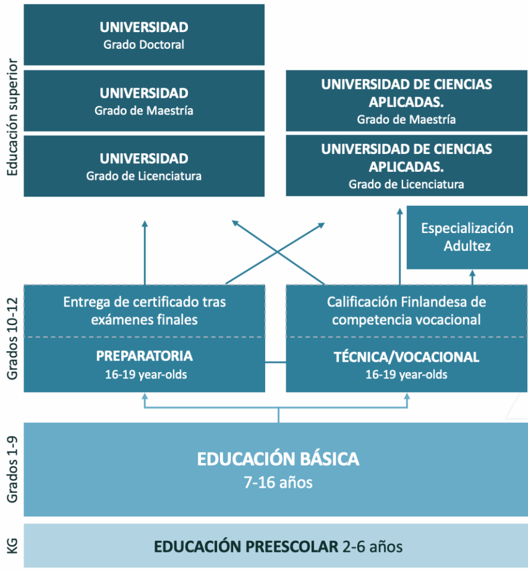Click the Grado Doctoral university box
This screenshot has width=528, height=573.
click(x=144, y=35)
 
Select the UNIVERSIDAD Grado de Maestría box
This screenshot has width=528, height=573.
click(x=144, y=101)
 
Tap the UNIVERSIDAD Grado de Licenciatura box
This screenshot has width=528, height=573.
click(x=144, y=166)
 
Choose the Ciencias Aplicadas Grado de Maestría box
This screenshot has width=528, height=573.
click(x=407, y=101)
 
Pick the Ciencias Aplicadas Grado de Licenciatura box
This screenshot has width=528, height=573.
click(x=407, y=166)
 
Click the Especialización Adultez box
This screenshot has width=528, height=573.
click(x=467, y=237)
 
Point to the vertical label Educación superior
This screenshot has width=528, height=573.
click(x=12, y=117)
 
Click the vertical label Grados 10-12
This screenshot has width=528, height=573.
click(x=12, y=339)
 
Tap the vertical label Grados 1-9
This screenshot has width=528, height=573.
click(x=12, y=470)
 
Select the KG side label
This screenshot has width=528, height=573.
click(x=12, y=546)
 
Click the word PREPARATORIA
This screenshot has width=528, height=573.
click(x=144, y=356)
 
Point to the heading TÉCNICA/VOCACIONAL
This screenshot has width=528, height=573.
click(x=406, y=357)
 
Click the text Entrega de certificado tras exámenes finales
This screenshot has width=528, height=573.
click(x=144, y=311)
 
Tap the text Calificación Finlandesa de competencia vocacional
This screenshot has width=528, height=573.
click(x=406, y=311)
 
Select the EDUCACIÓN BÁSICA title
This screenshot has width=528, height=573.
click(x=278, y=459)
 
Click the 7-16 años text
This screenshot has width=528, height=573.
click(x=278, y=482)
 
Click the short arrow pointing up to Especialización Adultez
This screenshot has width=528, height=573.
click(x=472, y=278)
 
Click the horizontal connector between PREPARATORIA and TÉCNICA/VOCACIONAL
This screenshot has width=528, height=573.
click(x=276, y=362)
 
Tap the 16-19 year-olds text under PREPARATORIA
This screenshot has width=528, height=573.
click(x=146, y=375)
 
